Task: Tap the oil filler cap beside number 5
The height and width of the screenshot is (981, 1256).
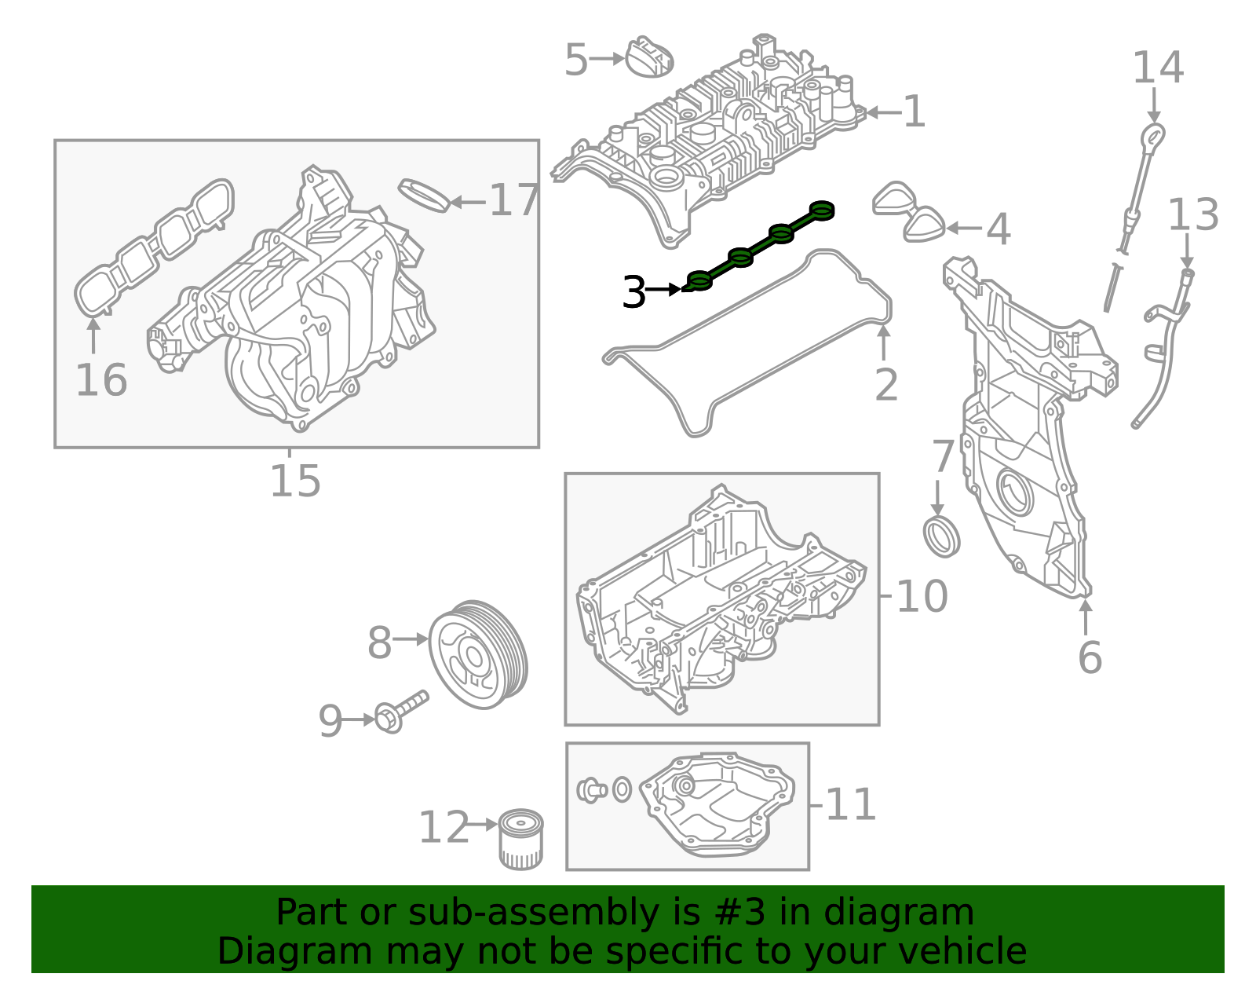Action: (649, 58)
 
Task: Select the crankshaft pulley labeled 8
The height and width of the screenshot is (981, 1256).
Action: (478, 654)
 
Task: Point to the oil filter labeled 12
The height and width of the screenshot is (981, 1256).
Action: (520, 840)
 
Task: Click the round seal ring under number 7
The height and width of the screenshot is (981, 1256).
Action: (941, 536)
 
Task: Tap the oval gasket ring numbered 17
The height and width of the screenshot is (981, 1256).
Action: (425, 195)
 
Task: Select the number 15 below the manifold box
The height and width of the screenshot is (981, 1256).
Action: (295, 481)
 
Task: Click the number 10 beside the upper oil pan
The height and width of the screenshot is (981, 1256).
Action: (922, 596)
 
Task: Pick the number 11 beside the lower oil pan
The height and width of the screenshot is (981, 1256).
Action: (851, 805)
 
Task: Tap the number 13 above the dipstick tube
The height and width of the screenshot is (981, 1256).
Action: (1192, 215)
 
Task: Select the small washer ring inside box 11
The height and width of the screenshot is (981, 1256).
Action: (622, 789)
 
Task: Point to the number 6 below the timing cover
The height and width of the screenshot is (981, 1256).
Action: (1090, 657)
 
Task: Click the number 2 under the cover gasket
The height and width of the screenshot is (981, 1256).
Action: (885, 385)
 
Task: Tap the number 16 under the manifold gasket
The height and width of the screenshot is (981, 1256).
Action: (101, 380)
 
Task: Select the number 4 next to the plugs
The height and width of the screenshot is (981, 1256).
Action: (998, 229)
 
